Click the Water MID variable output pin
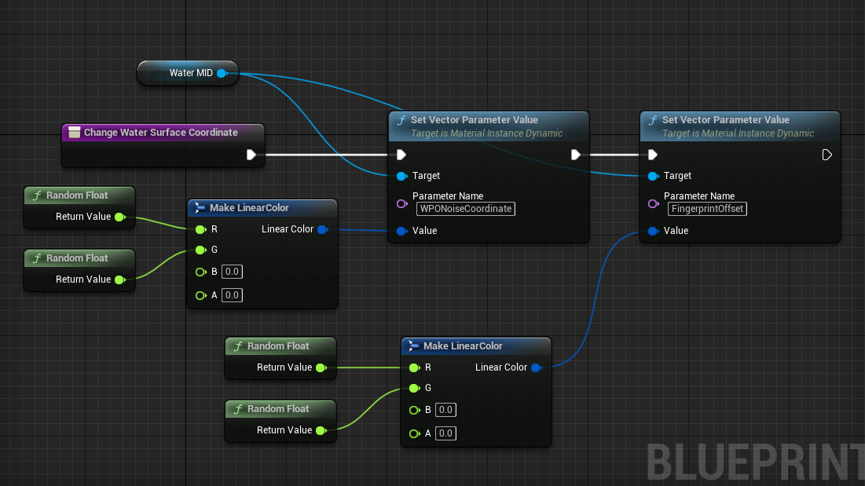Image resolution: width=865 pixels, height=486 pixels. pyautogui.click(x=222, y=73)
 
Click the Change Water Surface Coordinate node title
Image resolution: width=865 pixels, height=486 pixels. pyautogui.click(x=160, y=132)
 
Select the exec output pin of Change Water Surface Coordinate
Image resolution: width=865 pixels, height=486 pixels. pyautogui.click(x=251, y=155)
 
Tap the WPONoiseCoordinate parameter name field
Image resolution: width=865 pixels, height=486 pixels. pyautogui.click(x=466, y=209)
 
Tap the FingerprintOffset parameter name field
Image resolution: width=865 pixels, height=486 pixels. pyautogui.click(x=707, y=209)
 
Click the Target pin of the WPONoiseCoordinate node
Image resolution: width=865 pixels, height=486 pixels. pyautogui.click(x=402, y=176)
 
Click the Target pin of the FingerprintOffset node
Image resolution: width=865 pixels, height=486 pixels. pyautogui.click(x=654, y=176)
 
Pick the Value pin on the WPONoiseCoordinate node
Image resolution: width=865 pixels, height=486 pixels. pyautogui.click(x=402, y=231)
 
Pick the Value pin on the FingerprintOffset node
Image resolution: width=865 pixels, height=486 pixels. pyautogui.click(x=654, y=231)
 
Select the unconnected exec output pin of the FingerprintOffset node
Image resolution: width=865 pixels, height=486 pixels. pyautogui.click(x=827, y=155)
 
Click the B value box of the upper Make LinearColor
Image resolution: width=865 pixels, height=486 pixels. pyautogui.click(x=232, y=272)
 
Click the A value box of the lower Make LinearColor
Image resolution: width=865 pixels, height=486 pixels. pyautogui.click(x=445, y=433)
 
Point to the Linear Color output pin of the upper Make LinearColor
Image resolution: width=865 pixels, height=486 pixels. pyautogui.click(x=323, y=229)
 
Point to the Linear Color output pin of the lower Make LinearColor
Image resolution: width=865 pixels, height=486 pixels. pyautogui.click(x=537, y=367)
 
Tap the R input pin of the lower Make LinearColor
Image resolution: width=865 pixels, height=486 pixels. pyautogui.click(x=415, y=367)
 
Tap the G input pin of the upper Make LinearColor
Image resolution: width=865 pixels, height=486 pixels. pyautogui.click(x=201, y=250)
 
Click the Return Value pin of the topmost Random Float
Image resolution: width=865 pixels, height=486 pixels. pyautogui.click(x=120, y=217)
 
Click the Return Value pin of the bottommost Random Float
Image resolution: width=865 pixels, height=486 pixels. pyautogui.click(x=321, y=430)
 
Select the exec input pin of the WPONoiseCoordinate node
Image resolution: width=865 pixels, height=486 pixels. pyautogui.click(x=401, y=155)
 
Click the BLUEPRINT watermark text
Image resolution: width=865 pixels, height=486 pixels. pyautogui.click(x=755, y=462)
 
